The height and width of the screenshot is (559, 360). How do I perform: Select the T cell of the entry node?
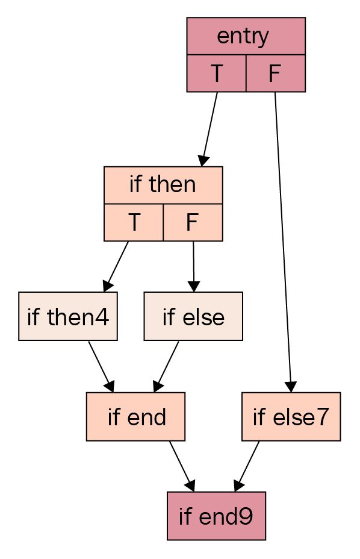pos(217,73)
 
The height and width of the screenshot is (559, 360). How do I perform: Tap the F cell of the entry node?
pos(276,73)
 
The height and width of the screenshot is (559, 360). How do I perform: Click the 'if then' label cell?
pos(163,185)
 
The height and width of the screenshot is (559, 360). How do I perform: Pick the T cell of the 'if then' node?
pos(134,222)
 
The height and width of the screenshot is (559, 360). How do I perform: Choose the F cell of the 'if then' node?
pos(193,222)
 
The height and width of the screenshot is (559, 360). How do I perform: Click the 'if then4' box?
pos(68,316)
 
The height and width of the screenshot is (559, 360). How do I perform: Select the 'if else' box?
pos(193,316)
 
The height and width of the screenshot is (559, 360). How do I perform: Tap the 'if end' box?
pos(136,416)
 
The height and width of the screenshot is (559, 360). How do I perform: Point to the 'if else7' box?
pos(291,416)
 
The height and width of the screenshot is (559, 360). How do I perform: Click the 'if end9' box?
pos(216,516)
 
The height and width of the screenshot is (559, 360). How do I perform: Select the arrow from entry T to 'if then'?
pos(209,129)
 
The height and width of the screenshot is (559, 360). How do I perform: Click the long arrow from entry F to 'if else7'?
pos(283,242)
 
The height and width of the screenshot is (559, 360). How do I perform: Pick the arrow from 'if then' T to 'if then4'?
pos(116,266)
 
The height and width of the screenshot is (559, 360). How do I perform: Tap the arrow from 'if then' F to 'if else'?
pos(193,266)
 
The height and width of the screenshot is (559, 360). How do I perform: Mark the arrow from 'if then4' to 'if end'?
pos(101,366)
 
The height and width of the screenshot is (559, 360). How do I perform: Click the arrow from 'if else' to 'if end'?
pos(166,366)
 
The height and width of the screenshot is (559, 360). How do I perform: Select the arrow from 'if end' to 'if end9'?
pos(182,466)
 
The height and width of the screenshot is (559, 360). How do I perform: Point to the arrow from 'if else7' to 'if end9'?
pos(247,466)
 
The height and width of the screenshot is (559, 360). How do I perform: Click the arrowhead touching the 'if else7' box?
pos(291,387)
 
